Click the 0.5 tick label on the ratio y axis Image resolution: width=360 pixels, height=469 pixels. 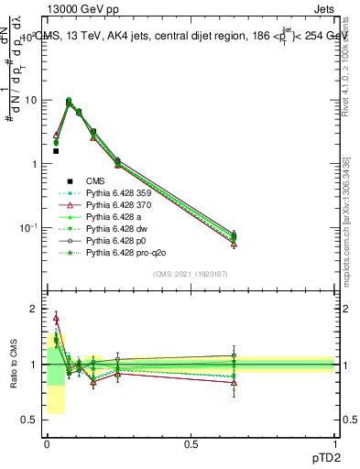coord(29,420)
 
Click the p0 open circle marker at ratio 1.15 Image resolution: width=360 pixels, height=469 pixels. coord(234,355)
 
